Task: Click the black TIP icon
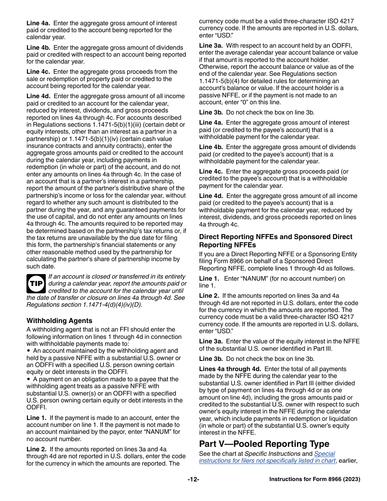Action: click(36, 283)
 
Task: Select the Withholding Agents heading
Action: click(59, 321)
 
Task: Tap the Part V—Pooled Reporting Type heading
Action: click(264, 444)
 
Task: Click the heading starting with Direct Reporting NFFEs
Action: click(275, 240)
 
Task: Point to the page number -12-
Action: click(193, 479)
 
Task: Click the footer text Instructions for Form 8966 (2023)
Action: click(314, 479)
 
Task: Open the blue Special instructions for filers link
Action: click(267, 457)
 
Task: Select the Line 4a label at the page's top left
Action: click(38, 23)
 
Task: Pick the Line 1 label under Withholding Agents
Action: click(36, 418)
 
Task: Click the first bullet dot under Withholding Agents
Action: click(29, 351)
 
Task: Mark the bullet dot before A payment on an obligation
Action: click(29, 379)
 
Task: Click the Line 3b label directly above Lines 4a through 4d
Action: click(211, 359)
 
